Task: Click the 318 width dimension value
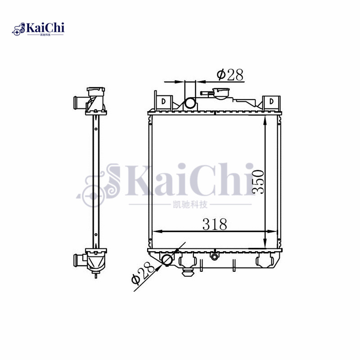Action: [x=214, y=224]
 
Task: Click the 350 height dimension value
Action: [x=258, y=181]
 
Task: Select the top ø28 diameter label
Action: [x=229, y=75]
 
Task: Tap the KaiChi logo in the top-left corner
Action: [x=38, y=29]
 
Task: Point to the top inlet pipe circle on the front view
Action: [x=190, y=103]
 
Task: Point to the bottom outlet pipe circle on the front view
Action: [x=167, y=260]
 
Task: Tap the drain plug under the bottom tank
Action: [x=188, y=271]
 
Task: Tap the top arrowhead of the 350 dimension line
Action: [x=266, y=120]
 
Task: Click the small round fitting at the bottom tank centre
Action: [x=215, y=257]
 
